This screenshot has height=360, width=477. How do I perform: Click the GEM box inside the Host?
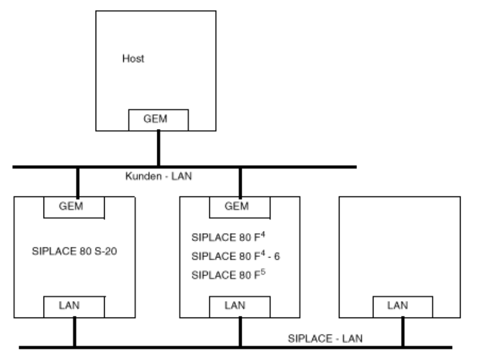(x=158, y=119)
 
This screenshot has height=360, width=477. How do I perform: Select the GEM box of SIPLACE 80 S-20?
(x=74, y=207)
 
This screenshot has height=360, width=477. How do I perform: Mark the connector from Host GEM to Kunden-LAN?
(x=158, y=148)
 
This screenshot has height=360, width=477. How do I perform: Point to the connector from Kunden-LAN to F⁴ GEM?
(x=240, y=182)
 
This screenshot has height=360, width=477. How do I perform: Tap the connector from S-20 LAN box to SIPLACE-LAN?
(x=74, y=331)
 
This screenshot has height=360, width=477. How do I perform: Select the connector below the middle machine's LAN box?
(x=240, y=331)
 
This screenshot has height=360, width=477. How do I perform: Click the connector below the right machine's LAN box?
(x=403, y=331)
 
